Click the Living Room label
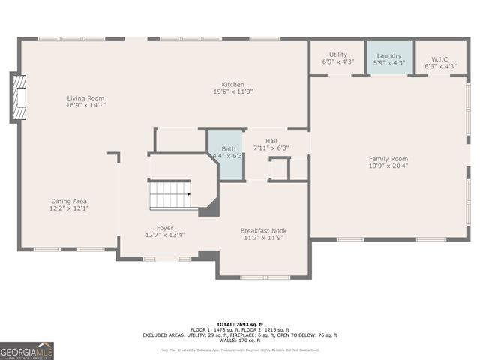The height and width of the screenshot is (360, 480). click(x=85, y=98)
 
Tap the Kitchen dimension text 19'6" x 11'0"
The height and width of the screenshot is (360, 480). click(x=232, y=91)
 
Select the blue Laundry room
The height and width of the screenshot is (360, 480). click(x=389, y=57)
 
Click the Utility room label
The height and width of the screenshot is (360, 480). click(x=338, y=55)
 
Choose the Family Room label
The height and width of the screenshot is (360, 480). click(x=388, y=158)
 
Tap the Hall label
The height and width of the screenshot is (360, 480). click(x=271, y=140)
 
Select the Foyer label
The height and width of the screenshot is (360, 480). click(x=165, y=227)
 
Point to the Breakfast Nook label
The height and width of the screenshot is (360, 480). click(x=263, y=230)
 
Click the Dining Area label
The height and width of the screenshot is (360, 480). click(x=70, y=201)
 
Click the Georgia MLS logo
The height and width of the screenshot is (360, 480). click(x=27, y=350)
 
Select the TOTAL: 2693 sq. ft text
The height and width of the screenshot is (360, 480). click(x=239, y=324)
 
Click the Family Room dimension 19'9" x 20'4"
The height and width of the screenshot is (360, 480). click(x=388, y=166)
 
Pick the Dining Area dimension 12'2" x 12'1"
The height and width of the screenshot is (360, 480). click(x=70, y=208)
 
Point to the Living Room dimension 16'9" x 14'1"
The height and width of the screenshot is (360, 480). click(x=85, y=106)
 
